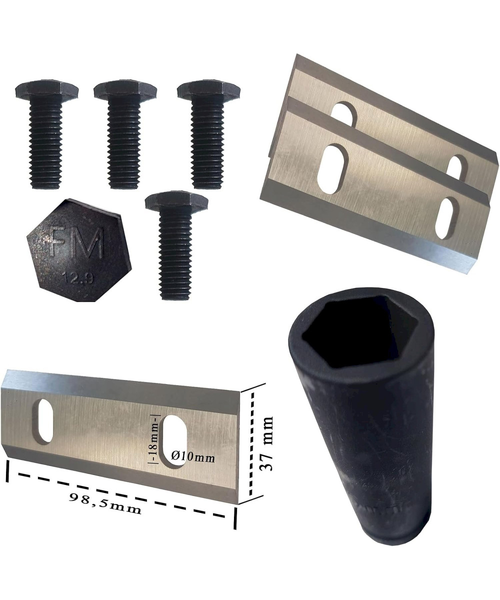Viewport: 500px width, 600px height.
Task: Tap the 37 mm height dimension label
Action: pos(266,443)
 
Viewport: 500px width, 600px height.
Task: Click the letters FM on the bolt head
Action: pos(76,242)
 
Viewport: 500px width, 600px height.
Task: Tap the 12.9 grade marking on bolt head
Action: pos(78,278)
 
